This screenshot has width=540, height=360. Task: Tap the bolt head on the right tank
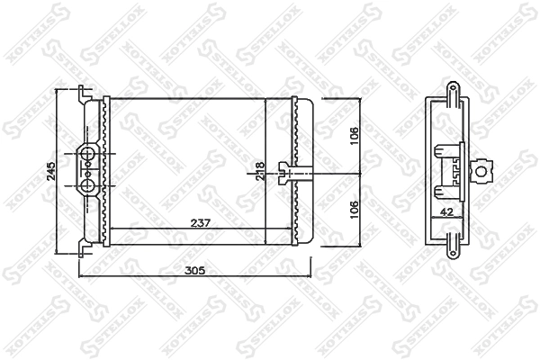(284, 171)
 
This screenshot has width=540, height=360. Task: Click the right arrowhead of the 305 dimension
(308, 276)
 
